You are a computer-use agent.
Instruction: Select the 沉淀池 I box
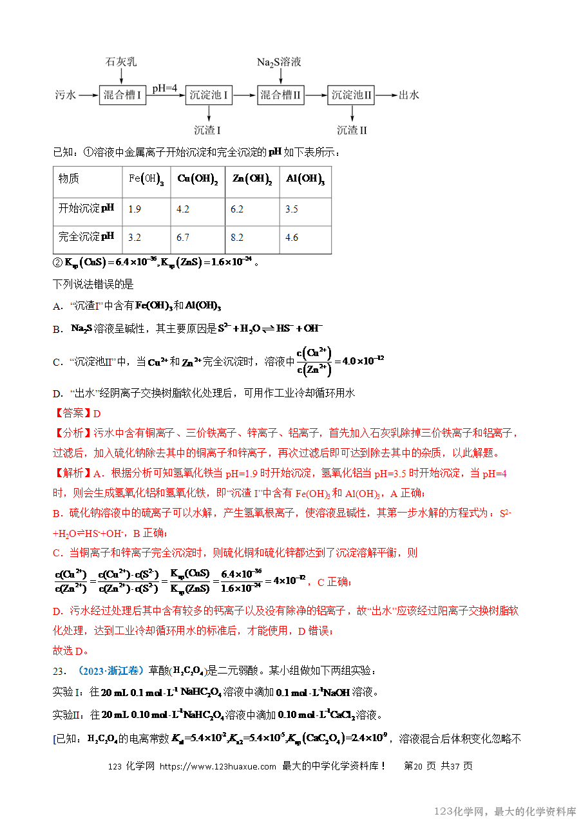pyautogui.click(x=209, y=95)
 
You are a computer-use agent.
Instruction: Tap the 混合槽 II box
pyautogui.click(x=280, y=95)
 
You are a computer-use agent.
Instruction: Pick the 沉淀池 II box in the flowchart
pyautogui.click(x=351, y=95)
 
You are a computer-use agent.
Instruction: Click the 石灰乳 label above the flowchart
pyautogui.click(x=121, y=62)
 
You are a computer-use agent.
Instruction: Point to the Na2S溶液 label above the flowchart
pyautogui.click(x=279, y=62)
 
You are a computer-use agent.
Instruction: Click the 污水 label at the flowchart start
pyautogui.click(x=66, y=95)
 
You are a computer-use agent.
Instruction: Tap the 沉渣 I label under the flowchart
pyautogui.click(x=207, y=130)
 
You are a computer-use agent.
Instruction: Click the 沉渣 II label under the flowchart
pyautogui.click(x=352, y=130)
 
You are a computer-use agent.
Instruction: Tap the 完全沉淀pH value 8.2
pyautogui.click(x=237, y=238)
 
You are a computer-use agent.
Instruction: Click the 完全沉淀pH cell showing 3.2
pyautogui.click(x=135, y=238)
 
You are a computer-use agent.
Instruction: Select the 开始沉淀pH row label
pyautogui.click(x=86, y=209)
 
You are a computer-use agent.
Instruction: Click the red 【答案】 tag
pyautogui.click(x=72, y=413)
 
